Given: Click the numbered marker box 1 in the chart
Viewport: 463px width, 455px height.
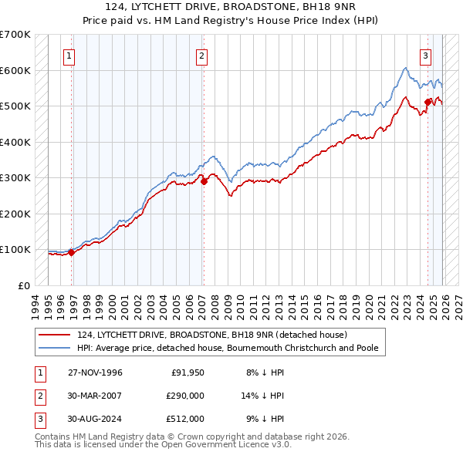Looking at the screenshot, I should pos(69,55).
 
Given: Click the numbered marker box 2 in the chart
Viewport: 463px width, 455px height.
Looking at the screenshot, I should pos(201,55).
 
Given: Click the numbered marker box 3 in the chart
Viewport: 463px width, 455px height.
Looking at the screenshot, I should pos(425,55).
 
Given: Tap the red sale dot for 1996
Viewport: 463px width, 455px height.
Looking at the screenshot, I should pos(72,252).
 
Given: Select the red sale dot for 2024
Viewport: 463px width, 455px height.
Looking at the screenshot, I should pos(428,102).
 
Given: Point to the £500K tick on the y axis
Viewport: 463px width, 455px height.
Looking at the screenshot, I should pos(15,106).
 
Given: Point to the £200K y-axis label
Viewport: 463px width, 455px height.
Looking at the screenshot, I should pos(15,214).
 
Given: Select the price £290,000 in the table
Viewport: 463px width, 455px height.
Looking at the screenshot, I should pos(184,396).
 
